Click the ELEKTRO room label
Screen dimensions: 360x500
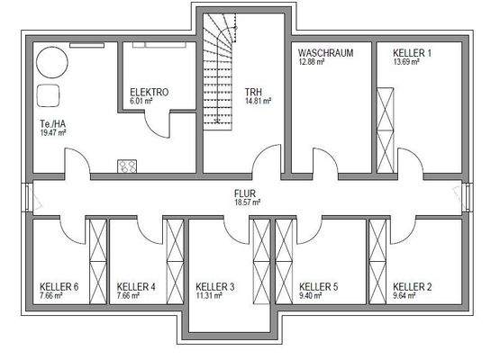[x=149, y=92]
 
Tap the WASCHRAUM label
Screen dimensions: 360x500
[x=325, y=53]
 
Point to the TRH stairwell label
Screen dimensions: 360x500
[x=253, y=92]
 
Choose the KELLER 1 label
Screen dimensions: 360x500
[x=412, y=53]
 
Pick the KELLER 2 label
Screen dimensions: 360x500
[x=413, y=286]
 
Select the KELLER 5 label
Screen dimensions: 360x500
[x=318, y=286]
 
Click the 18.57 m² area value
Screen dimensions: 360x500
[x=246, y=202]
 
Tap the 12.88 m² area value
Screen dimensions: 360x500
[x=314, y=62]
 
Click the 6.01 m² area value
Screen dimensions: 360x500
[x=141, y=102]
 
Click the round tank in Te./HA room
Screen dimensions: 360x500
[x=50, y=62]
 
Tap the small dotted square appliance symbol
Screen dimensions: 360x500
[x=126, y=165]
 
